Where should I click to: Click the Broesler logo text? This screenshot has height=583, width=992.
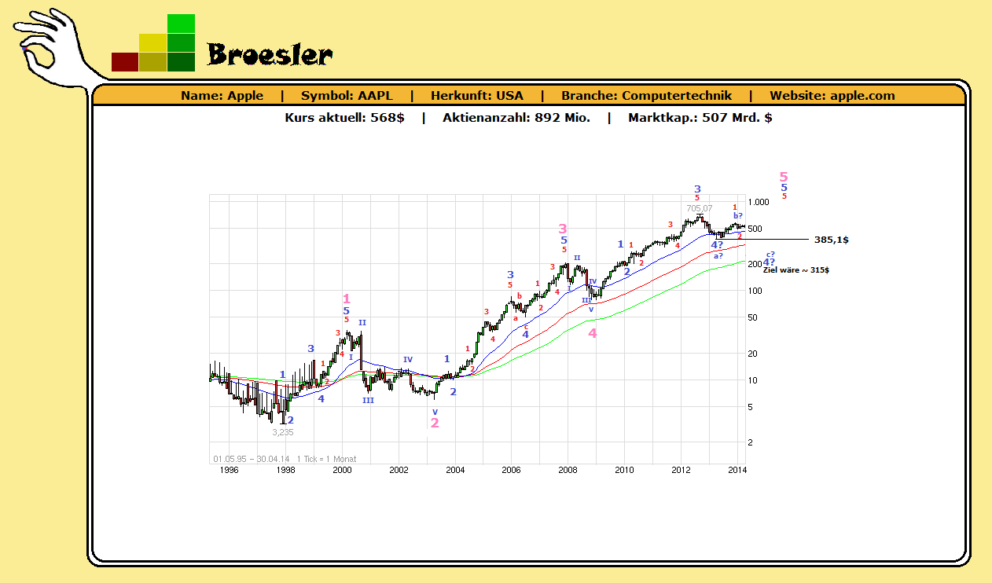(270, 54)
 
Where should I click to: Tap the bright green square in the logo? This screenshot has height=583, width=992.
(181, 24)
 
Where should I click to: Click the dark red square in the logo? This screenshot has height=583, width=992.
(125, 62)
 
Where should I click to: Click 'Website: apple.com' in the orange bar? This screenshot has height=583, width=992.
(832, 96)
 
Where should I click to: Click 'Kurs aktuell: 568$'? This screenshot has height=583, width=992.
(344, 118)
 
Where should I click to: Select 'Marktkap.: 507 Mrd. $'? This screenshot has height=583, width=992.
(700, 118)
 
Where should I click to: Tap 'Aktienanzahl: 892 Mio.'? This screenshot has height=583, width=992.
(516, 118)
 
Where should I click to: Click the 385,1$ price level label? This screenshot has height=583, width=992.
(832, 240)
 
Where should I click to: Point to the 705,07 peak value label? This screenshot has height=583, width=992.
(699, 208)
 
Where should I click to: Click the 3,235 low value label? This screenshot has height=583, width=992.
(283, 432)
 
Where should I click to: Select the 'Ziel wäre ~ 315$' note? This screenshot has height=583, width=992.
(796, 270)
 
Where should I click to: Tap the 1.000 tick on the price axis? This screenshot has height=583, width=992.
(759, 202)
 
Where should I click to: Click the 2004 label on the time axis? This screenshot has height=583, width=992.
(455, 470)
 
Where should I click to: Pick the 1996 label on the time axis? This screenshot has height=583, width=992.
(229, 470)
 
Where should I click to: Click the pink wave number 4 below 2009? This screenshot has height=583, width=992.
(593, 333)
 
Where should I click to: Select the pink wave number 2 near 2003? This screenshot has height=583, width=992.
(435, 423)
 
